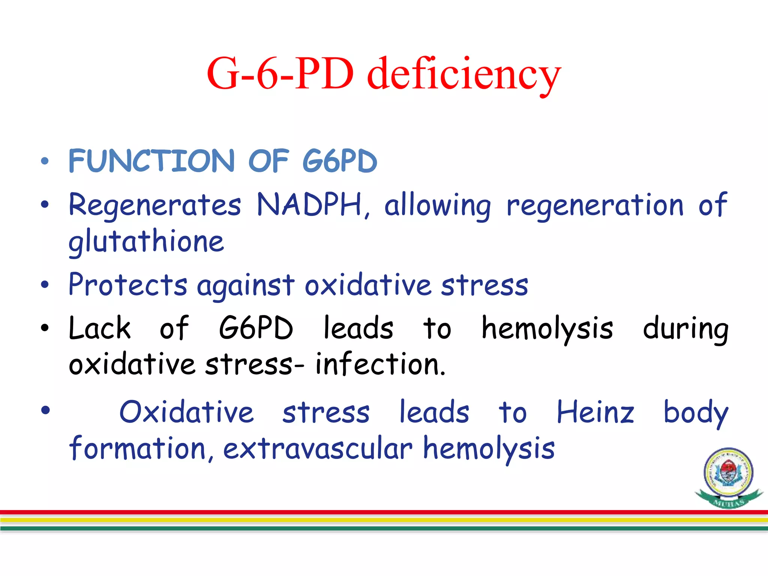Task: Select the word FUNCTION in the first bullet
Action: (151, 161)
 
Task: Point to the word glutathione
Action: (146, 242)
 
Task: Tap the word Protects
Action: (128, 285)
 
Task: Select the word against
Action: (246, 286)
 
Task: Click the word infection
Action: (379, 364)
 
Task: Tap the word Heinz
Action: (595, 412)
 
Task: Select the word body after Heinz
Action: (696, 413)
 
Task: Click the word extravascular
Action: (318, 448)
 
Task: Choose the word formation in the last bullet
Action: (137, 448)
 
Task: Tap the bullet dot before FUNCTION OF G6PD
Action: (45, 161)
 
